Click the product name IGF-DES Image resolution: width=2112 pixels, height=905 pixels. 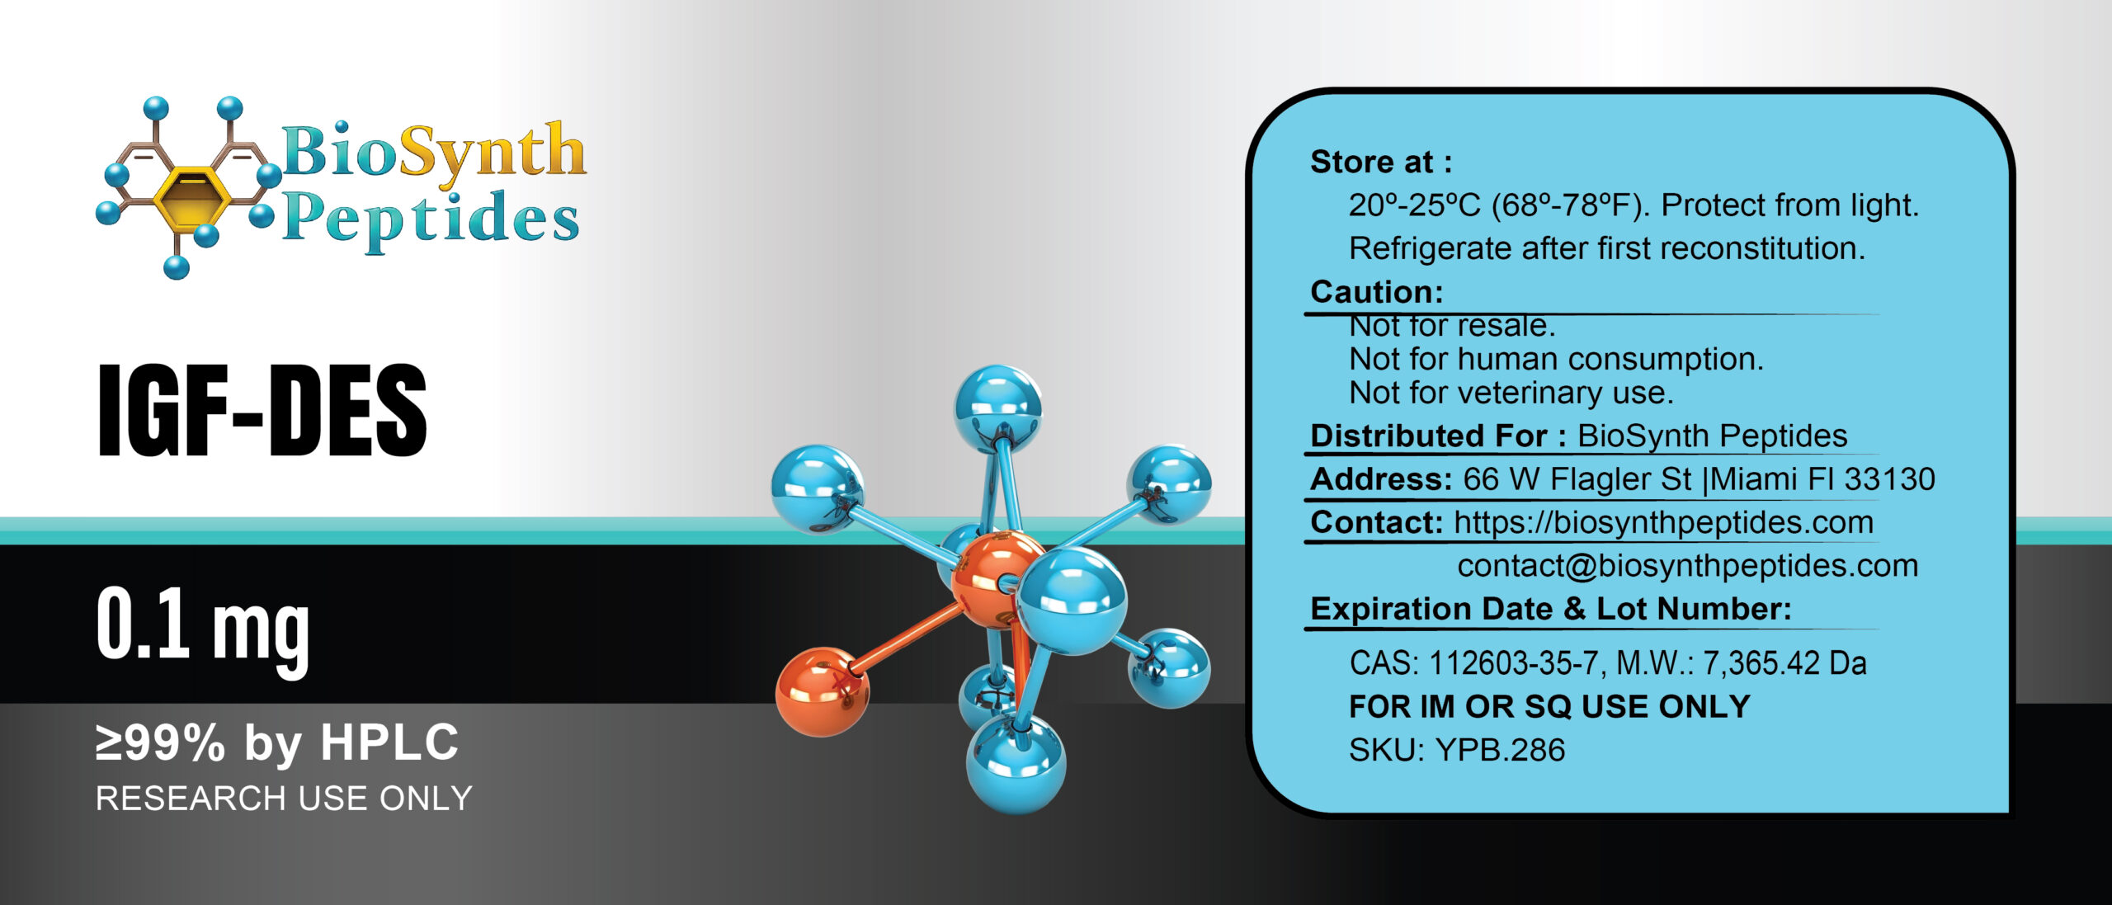point(262,410)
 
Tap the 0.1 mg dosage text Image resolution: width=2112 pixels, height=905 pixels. point(202,627)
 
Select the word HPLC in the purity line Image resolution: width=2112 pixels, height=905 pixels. point(389,742)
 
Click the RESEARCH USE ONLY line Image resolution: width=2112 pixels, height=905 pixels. point(284,799)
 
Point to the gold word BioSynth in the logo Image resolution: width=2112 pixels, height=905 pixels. point(434,152)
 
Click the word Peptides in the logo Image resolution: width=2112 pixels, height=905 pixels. point(431,218)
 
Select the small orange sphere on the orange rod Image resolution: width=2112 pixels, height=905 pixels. point(822,691)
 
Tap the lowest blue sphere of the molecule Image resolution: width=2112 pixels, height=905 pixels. point(1016,764)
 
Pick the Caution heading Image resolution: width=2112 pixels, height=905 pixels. point(1376,292)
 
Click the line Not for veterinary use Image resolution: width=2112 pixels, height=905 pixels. point(1511,393)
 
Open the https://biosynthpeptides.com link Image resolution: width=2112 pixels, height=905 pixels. point(1663,522)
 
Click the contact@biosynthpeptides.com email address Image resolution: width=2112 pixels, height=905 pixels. point(1687,566)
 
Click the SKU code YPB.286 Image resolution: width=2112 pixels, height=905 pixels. point(1500,750)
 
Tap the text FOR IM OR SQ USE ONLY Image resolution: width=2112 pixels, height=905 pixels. point(1549,707)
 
